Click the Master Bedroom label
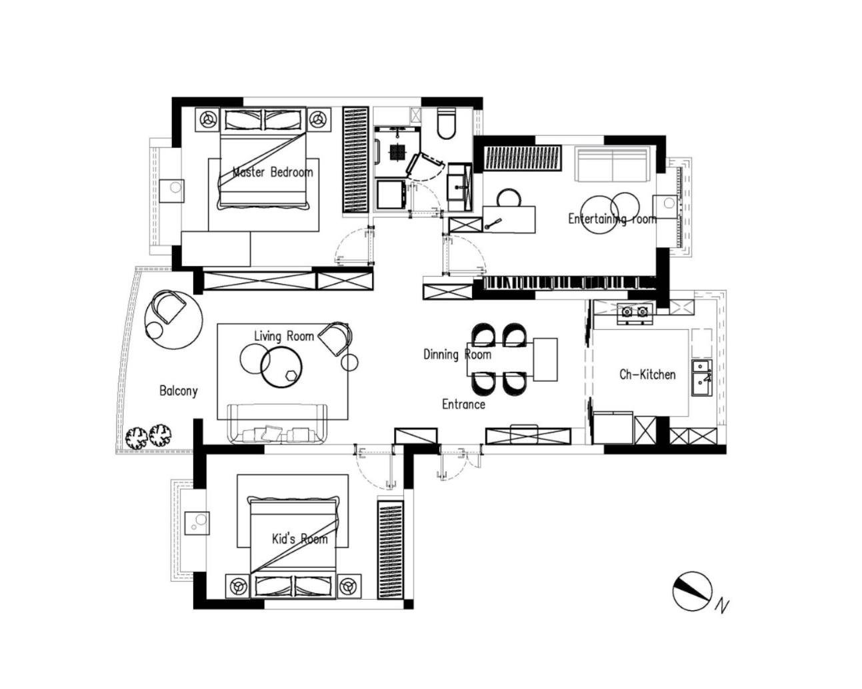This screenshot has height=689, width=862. tap(273, 172)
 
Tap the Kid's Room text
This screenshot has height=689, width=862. tap(299, 538)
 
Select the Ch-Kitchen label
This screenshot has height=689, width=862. tap(647, 374)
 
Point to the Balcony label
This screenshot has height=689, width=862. tap(178, 390)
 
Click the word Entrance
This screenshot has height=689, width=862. tap(463, 404)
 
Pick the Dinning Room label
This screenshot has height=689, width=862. tap(457, 354)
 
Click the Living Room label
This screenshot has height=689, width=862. tap(284, 336)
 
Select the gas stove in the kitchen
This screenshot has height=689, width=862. tap(635, 313)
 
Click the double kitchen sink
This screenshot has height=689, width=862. tap(702, 378)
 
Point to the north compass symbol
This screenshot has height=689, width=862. tap(692, 591)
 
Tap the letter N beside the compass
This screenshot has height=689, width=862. tap(722, 606)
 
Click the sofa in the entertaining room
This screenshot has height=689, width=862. tap(611, 164)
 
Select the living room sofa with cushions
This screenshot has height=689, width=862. tap(277, 424)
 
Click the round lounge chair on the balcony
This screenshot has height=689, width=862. tap(174, 319)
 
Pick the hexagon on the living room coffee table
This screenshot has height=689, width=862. tap(291, 376)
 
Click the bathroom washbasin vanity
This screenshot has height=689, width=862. tap(459, 187)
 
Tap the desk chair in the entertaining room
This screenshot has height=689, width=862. tap(509, 198)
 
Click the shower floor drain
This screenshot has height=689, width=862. tap(397, 152)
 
